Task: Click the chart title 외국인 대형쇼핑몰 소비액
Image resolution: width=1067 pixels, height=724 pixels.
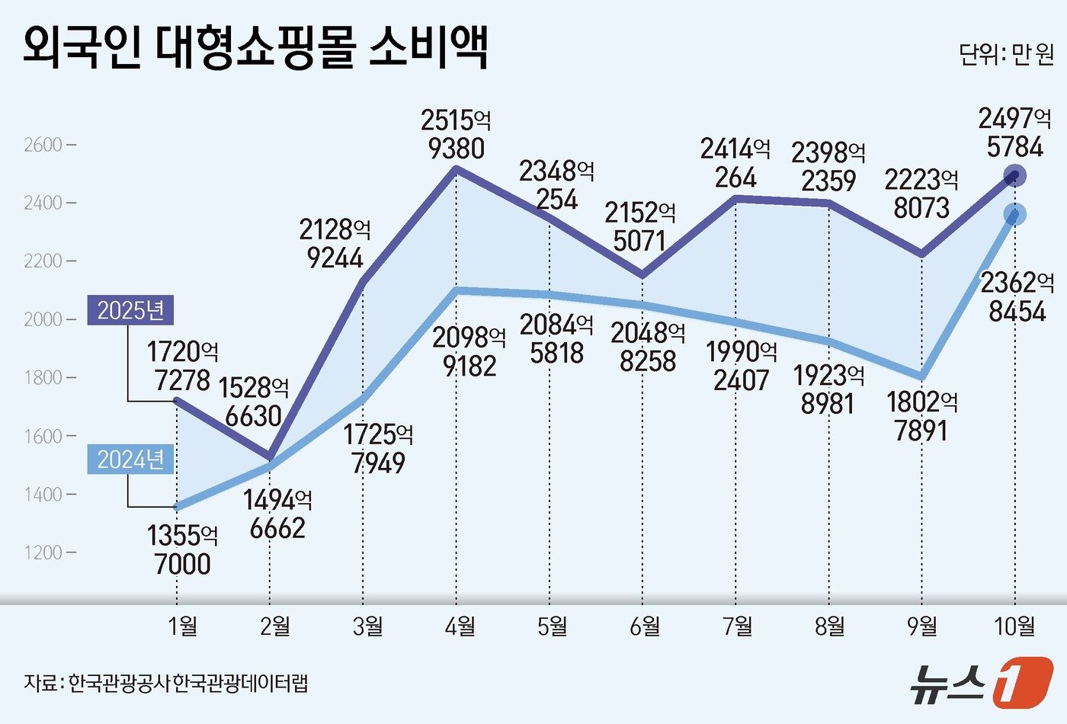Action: click(x=255, y=47)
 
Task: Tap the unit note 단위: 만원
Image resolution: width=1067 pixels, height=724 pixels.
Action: click(x=1005, y=55)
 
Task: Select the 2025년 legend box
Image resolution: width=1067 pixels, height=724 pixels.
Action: click(x=130, y=310)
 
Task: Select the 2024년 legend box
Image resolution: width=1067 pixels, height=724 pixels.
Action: click(x=130, y=460)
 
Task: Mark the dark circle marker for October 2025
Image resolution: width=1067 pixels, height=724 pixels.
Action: click(x=1014, y=176)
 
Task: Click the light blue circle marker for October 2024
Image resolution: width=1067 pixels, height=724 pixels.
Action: click(x=1014, y=215)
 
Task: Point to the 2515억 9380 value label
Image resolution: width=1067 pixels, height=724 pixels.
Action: click(x=456, y=134)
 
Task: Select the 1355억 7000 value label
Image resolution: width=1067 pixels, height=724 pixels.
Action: click(x=183, y=549)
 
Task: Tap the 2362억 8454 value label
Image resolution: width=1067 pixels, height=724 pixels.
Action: click(x=1017, y=296)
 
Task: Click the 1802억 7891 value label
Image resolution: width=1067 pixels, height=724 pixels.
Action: click(x=922, y=416)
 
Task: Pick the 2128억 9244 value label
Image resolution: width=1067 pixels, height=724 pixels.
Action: click(x=335, y=243)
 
